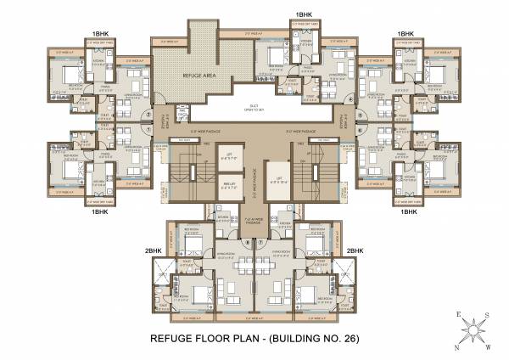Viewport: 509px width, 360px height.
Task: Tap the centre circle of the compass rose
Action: pos(471,330)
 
